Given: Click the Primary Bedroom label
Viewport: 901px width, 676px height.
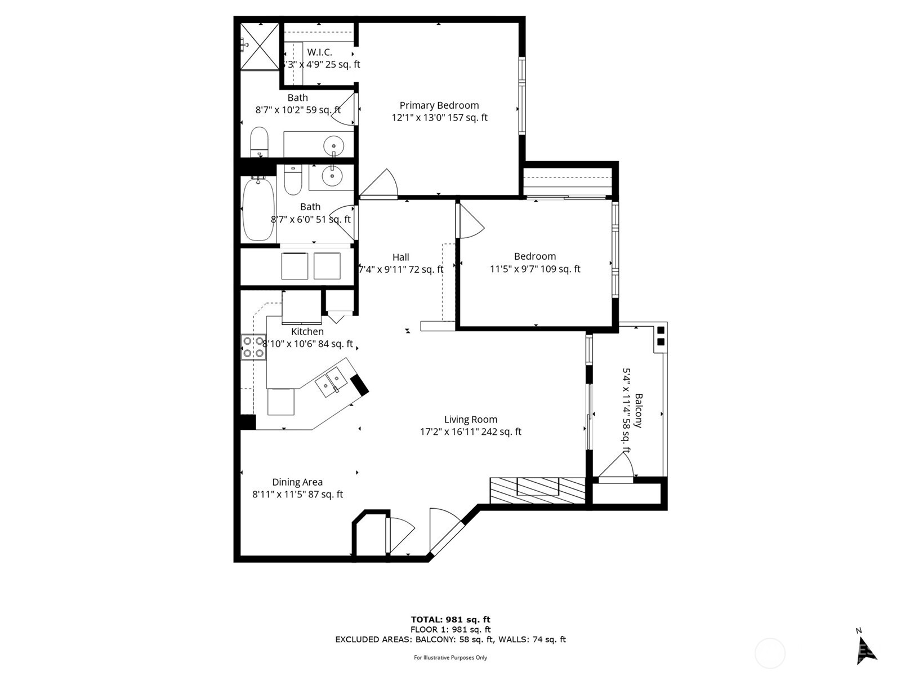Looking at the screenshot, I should (439, 105).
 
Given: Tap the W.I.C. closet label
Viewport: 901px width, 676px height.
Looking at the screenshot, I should (319, 52).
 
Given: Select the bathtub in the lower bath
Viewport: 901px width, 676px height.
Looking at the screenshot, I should (258, 209).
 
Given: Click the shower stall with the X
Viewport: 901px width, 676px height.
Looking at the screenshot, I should (260, 46).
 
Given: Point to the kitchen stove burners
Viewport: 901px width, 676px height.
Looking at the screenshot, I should (253, 347).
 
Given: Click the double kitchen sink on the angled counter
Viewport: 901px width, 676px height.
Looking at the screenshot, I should (331, 381).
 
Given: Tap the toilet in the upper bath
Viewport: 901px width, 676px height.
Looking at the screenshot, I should (259, 141).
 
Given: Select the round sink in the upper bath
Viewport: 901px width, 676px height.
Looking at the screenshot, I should (333, 146).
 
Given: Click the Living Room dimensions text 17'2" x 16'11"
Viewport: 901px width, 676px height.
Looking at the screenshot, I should (470, 432).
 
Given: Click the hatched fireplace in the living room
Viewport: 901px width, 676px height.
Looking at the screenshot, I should (537, 490).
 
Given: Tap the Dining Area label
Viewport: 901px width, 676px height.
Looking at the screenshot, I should (297, 482).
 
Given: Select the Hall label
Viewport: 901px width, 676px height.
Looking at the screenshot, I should (401, 257).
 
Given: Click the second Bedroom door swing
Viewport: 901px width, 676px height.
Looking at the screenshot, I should (471, 221).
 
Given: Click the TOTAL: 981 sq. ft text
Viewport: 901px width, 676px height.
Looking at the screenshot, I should (450, 620).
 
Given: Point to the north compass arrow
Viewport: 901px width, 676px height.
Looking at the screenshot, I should (866, 650).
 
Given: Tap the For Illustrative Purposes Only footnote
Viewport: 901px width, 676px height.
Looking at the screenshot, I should (450, 657).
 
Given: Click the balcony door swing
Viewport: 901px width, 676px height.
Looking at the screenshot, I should (617, 468).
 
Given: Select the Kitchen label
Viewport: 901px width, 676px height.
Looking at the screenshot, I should (307, 332).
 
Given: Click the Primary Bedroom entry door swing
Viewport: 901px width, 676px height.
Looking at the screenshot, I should (380, 185).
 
